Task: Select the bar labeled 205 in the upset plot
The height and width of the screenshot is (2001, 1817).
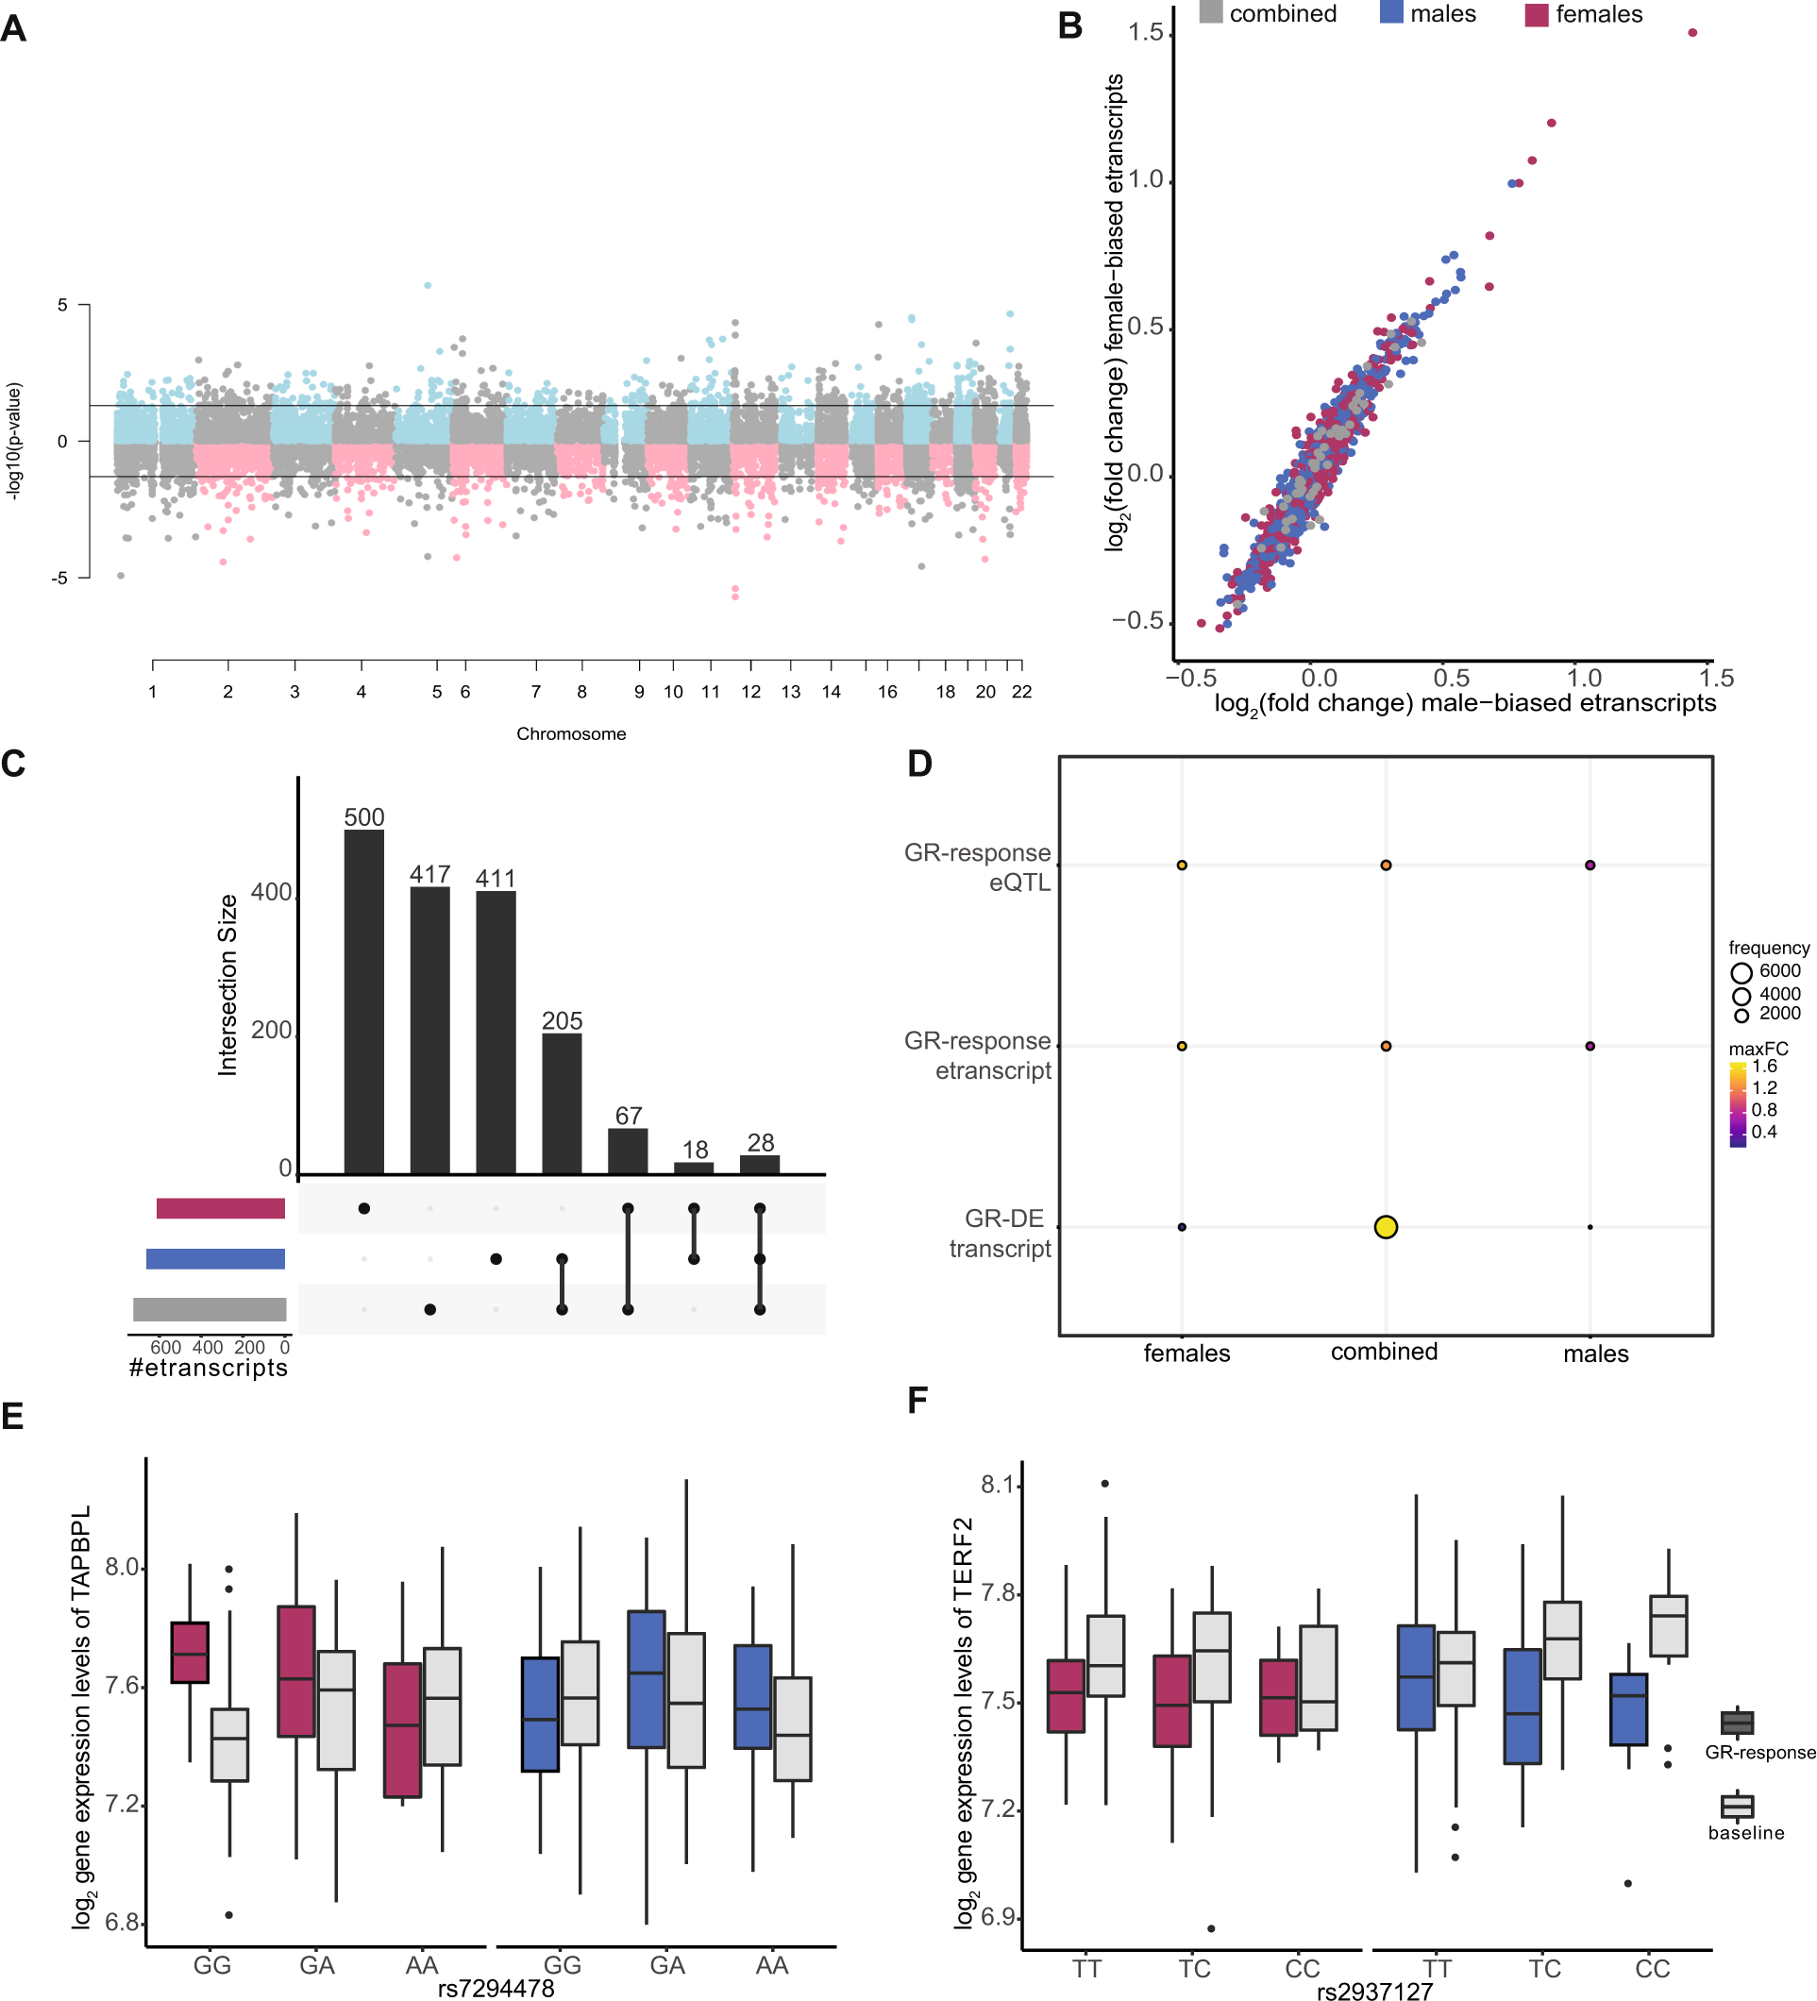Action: [561, 1102]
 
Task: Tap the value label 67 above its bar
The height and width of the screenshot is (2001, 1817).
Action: [627, 1115]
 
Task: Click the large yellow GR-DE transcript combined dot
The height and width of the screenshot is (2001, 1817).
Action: [1385, 1226]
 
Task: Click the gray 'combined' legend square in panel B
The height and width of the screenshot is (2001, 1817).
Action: [1210, 12]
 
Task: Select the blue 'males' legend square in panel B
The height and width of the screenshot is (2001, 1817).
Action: [1390, 12]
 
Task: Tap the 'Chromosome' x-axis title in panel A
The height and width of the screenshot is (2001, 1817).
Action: [571, 733]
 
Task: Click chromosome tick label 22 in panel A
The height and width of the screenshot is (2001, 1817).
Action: [1021, 692]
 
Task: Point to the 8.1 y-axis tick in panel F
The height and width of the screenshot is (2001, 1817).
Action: [998, 1484]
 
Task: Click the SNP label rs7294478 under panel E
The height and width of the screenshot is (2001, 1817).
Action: [496, 1988]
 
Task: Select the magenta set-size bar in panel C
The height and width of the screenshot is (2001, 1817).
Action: [220, 1208]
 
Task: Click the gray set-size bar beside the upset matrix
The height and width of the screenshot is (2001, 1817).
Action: [210, 1309]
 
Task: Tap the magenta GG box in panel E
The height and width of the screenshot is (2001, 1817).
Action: [190, 1652]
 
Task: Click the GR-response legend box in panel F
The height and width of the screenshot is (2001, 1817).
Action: [1736, 1723]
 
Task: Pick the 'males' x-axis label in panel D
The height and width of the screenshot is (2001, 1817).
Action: [1595, 1353]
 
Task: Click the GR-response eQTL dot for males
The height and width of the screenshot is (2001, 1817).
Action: [1589, 865]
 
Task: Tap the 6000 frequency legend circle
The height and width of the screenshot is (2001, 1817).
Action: [1740, 972]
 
